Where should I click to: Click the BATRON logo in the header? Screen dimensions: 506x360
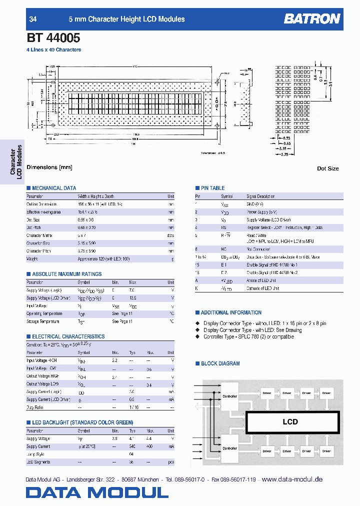click(312, 19)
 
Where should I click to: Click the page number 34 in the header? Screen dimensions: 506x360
click(33, 19)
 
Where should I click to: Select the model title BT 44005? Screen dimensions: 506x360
click(53, 37)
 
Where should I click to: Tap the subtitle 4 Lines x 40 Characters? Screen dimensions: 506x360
click(53, 50)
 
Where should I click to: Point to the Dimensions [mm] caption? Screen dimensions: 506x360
click(49, 167)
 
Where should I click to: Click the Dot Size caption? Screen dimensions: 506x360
click(327, 168)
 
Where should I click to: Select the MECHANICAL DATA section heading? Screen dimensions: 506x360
click(54, 188)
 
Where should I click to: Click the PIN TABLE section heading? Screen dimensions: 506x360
click(212, 188)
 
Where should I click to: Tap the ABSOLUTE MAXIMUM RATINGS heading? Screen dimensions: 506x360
click(66, 274)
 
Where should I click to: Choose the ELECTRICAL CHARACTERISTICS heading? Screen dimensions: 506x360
click(68, 336)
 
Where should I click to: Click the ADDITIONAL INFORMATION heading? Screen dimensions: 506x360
click(231, 312)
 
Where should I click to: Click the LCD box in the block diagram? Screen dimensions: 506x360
click(290, 421)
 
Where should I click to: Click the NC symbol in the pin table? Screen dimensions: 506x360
click(223, 248)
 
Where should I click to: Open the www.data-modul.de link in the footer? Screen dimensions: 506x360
click(292, 479)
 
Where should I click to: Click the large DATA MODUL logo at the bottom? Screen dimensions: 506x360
click(97, 492)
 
